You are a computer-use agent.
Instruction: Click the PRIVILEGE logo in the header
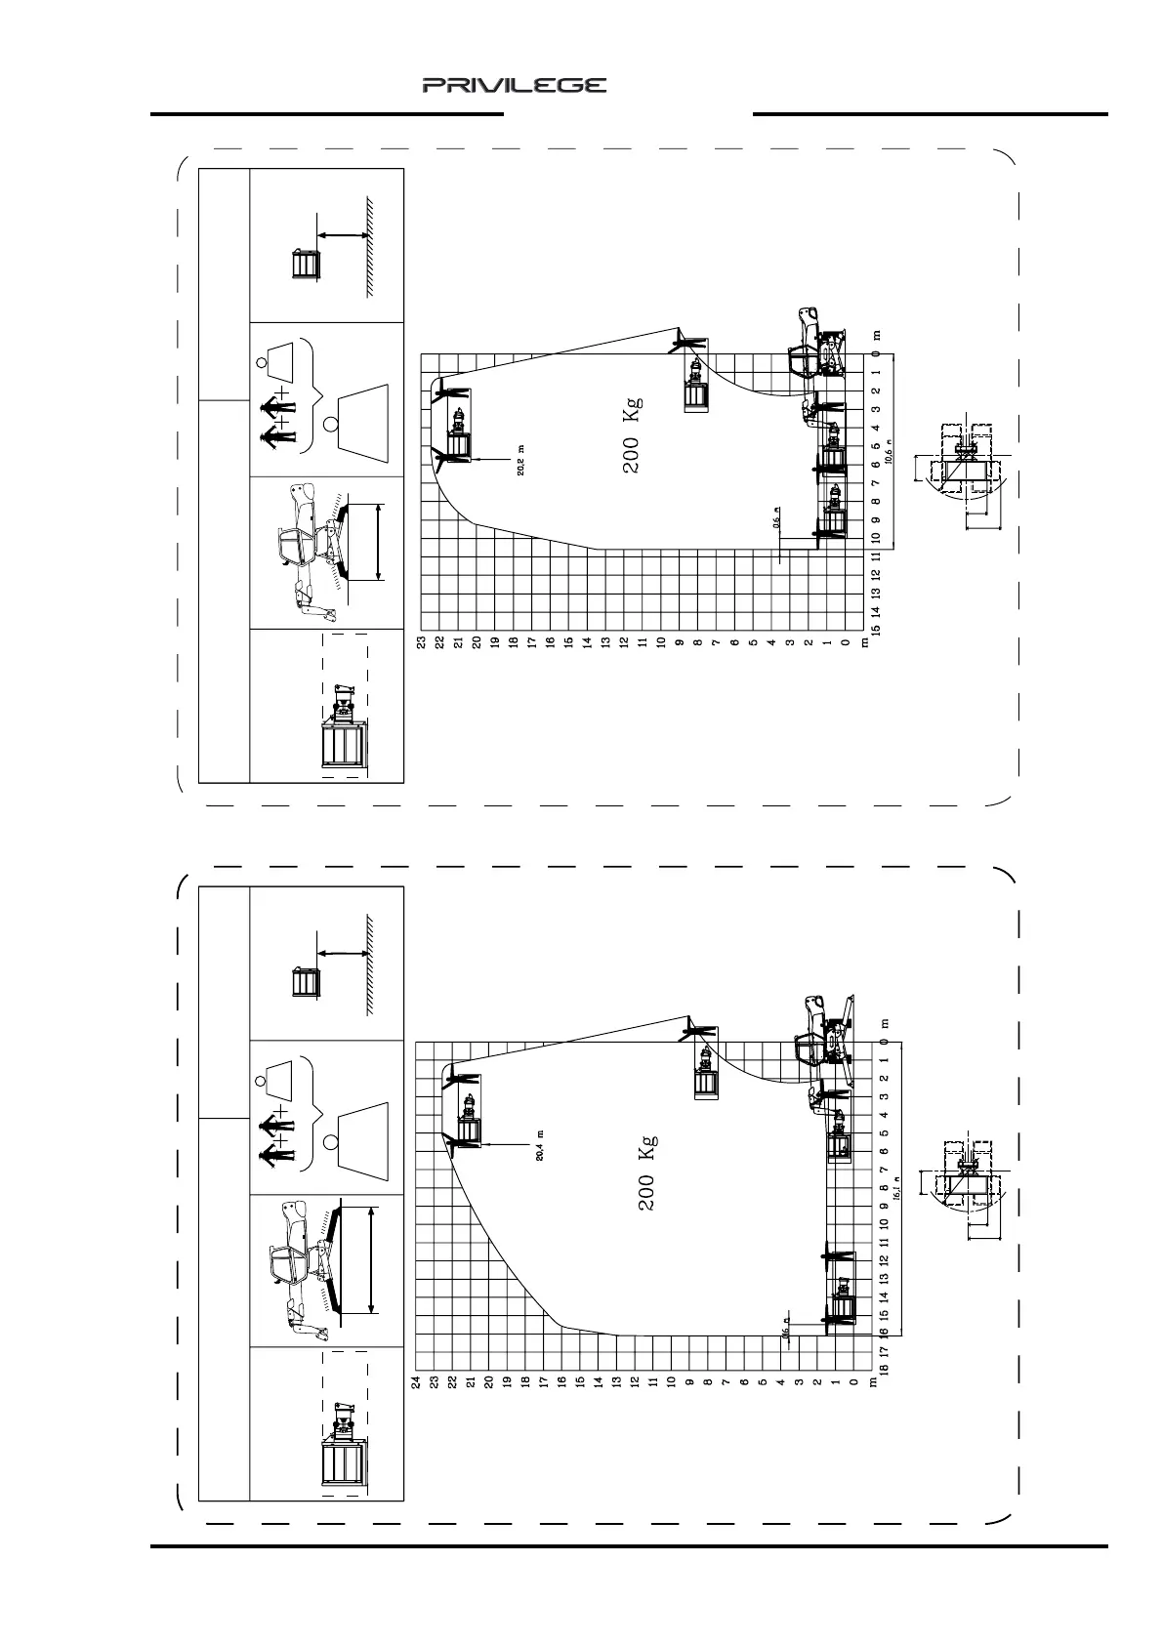pyautogui.click(x=514, y=86)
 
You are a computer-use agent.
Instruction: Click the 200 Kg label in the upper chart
pyautogui.click(x=632, y=435)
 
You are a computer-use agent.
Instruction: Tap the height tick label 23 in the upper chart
pyautogui.click(x=421, y=642)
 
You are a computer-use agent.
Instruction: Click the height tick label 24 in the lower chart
pyautogui.click(x=416, y=1381)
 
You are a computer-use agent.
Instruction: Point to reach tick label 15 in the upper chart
pyautogui.click(x=876, y=630)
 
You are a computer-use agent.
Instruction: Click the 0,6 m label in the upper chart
pyautogui.click(x=776, y=518)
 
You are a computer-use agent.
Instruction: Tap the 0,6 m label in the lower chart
pyautogui.click(x=784, y=1330)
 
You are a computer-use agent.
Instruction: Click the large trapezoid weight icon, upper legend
pyautogui.click(x=361, y=420)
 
